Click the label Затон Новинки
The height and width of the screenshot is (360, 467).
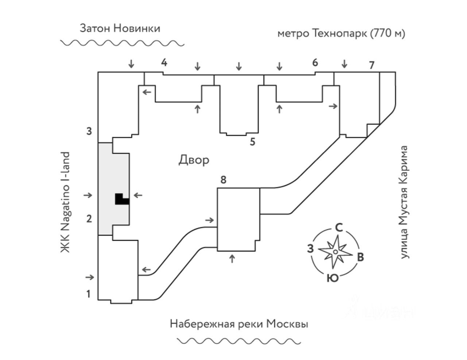click(120, 28)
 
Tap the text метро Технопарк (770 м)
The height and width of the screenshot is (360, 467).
click(341, 34)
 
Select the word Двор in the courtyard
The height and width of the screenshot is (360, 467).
click(194, 160)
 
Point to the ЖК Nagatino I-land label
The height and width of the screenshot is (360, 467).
click(65, 202)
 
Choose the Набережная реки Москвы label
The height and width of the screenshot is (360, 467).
click(239, 324)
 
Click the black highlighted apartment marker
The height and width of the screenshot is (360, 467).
click(122, 199)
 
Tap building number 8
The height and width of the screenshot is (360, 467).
click(224, 180)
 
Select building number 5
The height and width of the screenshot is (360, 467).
click(252, 142)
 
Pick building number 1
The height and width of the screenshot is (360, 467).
click(88, 294)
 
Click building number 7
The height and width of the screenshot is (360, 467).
click(371, 65)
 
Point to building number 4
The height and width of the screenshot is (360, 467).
click(164, 62)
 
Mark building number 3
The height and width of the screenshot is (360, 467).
click(89, 131)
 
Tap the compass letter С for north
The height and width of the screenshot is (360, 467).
click(339, 228)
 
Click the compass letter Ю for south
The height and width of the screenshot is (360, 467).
click(333, 278)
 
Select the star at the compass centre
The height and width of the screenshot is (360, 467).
click(335, 252)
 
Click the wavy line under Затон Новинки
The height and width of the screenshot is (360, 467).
click(122, 43)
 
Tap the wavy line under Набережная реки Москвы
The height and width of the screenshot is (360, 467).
click(239, 341)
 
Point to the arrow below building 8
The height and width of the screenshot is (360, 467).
click(232, 259)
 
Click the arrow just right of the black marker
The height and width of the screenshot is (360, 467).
click(138, 195)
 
